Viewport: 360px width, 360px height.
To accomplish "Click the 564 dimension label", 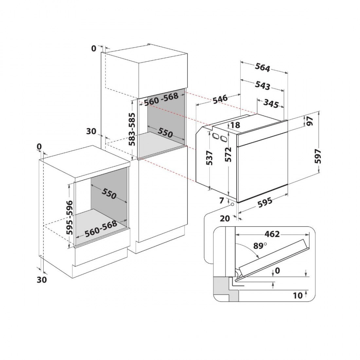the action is [262, 67].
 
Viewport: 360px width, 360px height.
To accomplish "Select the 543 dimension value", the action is [262, 85].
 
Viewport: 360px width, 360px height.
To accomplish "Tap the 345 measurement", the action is [271, 103].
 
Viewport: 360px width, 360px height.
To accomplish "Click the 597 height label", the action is [318, 156].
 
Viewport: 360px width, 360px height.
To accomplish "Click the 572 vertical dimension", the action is [228, 154].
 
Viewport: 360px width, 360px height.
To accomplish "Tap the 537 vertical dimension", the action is [209, 158].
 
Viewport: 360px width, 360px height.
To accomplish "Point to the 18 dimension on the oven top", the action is [235, 125].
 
